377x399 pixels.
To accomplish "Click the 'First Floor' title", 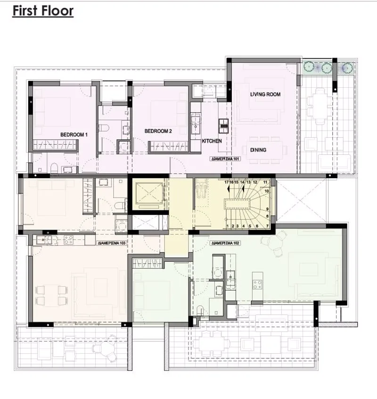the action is [x=43, y=11].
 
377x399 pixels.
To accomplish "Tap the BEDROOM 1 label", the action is [x=74, y=134].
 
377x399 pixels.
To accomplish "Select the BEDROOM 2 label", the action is [x=158, y=131].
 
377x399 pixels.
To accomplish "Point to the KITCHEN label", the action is [x=212, y=141].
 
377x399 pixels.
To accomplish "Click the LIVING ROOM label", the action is [x=265, y=94].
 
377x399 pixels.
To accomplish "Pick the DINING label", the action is [x=258, y=150].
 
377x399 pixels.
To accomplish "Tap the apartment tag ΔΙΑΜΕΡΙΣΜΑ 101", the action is [x=225, y=159].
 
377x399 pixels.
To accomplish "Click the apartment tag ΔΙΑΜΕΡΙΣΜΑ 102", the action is [x=225, y=243].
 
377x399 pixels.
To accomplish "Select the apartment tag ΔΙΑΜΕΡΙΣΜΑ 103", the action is [x=112, y=243].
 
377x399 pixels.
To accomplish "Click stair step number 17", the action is [x=227, y=182].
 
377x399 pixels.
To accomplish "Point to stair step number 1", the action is [x=228, y=226].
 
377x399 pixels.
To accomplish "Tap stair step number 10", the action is [x=267, y=191].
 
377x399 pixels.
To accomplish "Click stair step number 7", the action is [x=267, y=226].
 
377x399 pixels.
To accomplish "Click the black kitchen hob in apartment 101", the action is [x=223, y=126].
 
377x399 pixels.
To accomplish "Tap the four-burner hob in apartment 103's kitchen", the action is [x=68, y=240].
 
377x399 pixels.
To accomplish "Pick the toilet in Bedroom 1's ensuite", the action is [x=54, y=168].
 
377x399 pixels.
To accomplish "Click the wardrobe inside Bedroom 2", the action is [x=169, y=147].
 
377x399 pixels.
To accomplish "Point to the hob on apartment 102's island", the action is [x=257, y=284].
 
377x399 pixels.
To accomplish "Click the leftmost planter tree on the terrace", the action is [x=309, y=67].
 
